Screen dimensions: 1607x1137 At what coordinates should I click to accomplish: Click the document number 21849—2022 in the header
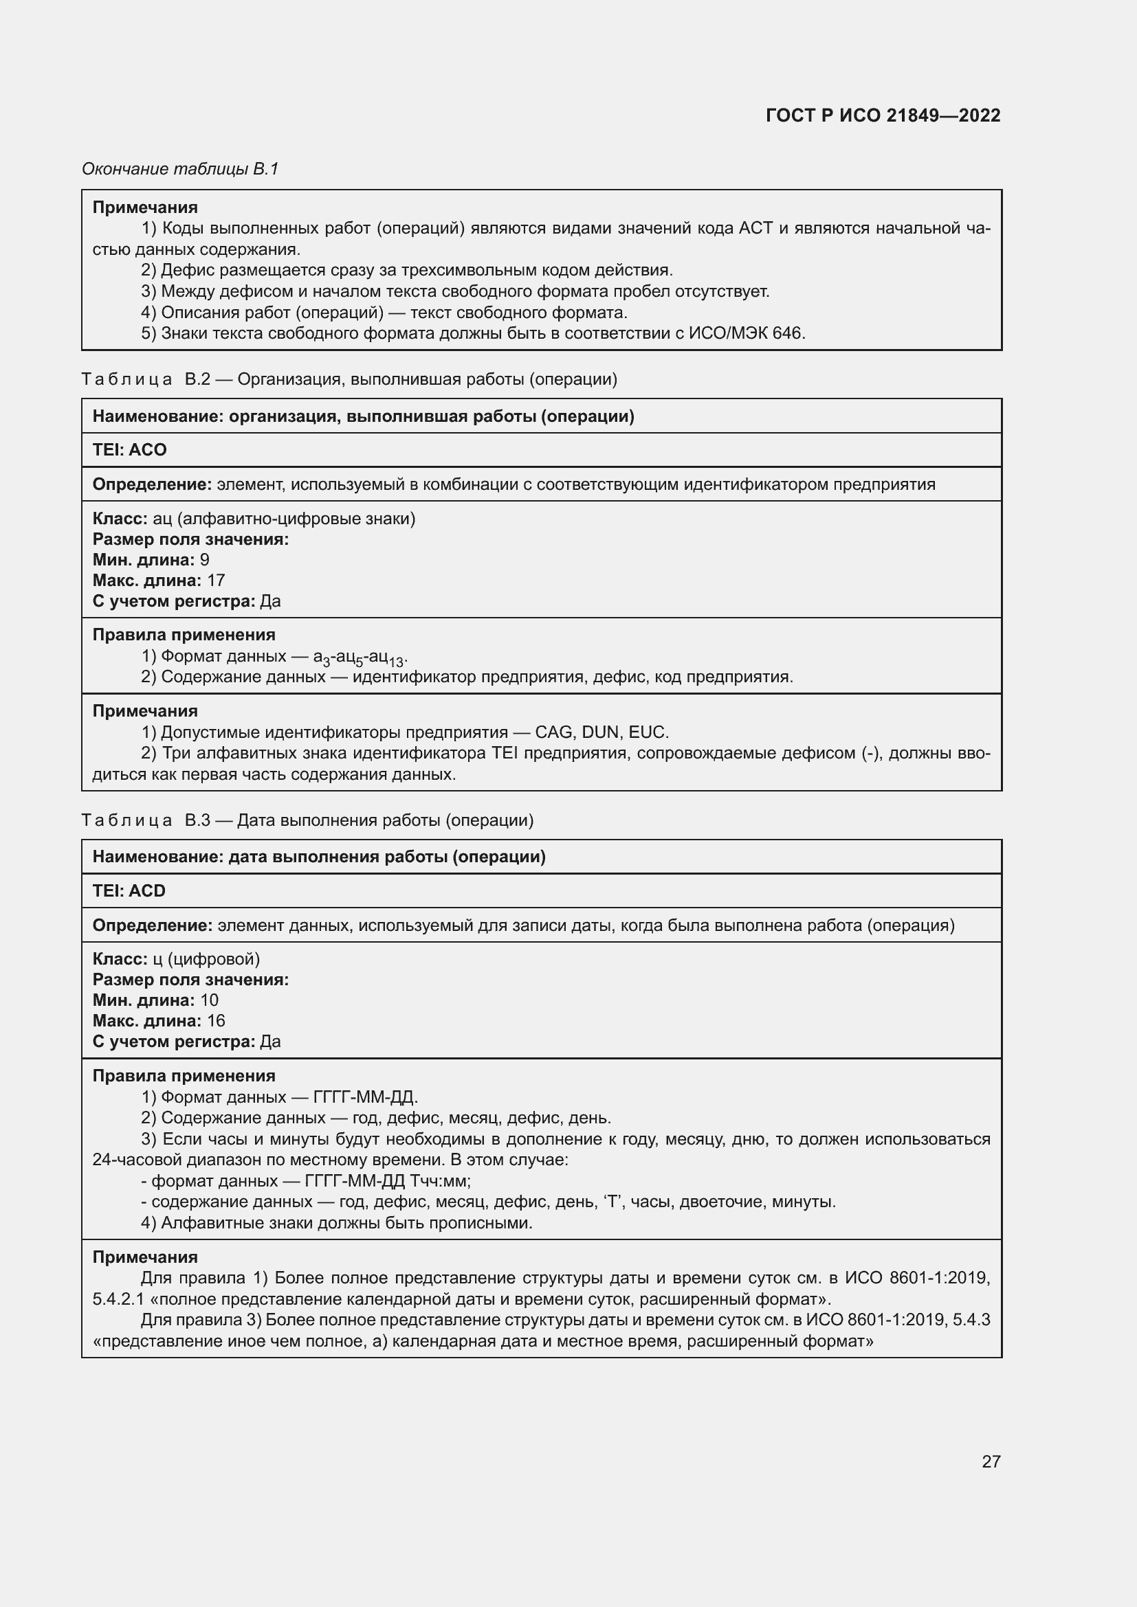(x=943, y=115)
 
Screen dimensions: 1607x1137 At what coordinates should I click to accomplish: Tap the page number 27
(x=991, y=1461)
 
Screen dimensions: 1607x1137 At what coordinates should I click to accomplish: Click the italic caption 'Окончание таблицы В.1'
(x=181, y=169)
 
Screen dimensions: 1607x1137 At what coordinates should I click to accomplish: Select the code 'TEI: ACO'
(x=129, y=450)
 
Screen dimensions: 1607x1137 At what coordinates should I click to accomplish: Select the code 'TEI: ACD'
(x=129, y=891)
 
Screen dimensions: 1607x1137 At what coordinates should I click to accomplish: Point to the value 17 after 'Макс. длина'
(x=216, y=581)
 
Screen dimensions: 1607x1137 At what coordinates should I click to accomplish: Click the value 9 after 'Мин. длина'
(x=204, y=560)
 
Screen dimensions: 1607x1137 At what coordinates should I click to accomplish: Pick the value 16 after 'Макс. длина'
(x=216, y=1020)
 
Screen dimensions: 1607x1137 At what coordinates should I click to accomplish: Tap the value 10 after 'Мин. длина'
(x=210, y=1000)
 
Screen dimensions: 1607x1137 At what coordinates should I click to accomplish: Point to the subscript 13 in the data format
(x=396, y=662)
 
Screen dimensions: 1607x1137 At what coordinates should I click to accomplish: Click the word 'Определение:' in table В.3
(x=153, y=925)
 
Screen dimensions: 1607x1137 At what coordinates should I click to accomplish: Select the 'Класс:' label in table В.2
(x=120, y=519)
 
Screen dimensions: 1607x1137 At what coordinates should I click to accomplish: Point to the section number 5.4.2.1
(x=118, y=1300)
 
